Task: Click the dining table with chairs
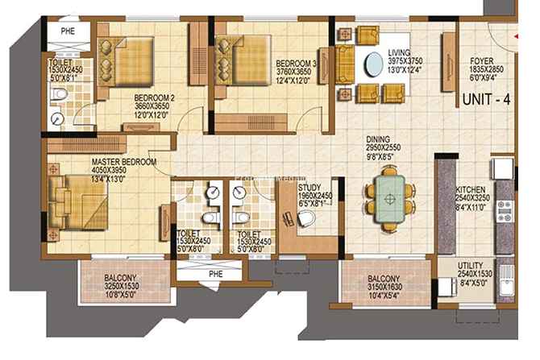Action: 391,196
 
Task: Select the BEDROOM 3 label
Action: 295,62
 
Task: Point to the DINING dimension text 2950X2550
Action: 384,148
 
